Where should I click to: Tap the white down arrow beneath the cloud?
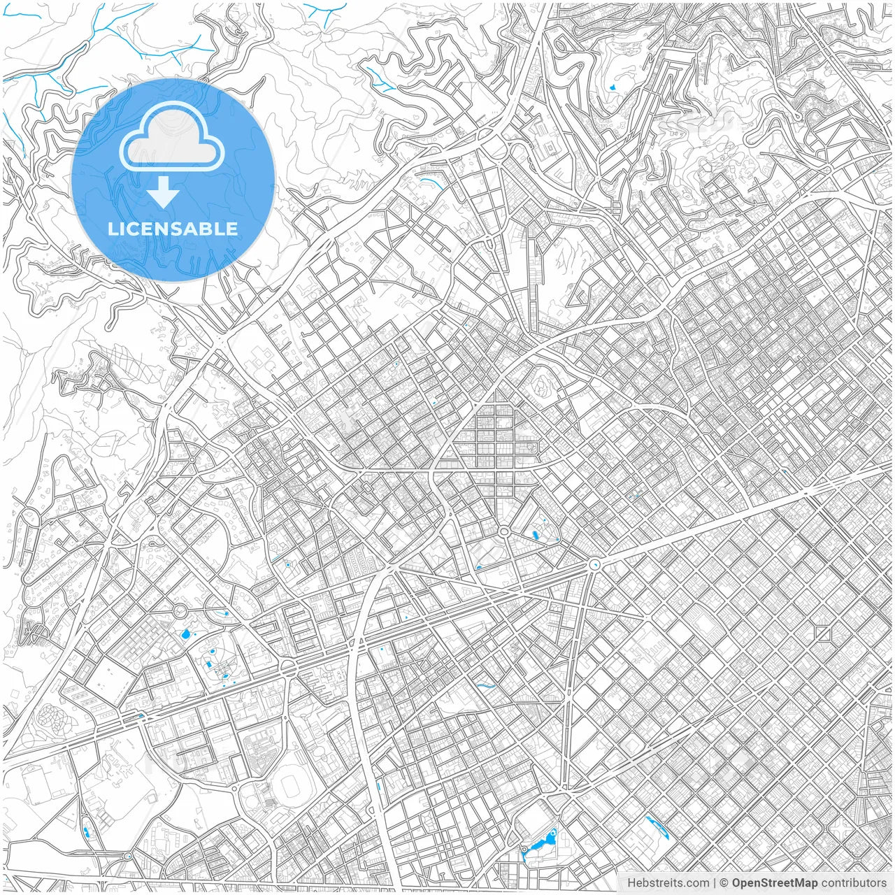(164, 192)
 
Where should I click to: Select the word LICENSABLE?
(173, 229)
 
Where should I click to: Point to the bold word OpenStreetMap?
(775, 883)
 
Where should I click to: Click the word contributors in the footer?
(854, 883)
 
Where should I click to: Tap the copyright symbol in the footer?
(725, 883)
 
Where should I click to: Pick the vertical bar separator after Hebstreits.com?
(715, 883)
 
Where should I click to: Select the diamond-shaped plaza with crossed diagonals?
(823, 634)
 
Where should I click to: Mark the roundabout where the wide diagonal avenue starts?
(595, 564)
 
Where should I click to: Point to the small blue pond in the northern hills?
(613, 88)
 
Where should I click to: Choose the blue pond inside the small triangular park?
(536, 536)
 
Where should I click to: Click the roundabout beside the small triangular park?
(503, 532)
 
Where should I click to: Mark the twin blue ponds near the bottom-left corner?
(87, 833)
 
